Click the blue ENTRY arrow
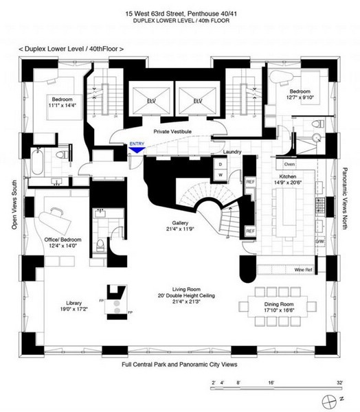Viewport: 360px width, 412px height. click(137, 150)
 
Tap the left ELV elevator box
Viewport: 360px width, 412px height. click(151, 101)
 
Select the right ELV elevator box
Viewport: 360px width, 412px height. click(197, 101)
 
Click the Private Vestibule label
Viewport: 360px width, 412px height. click(172, 131)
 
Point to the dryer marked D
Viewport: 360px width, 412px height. click(220, 165)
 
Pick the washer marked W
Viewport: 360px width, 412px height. click(220, 174)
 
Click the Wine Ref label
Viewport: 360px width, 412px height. click(303, 270)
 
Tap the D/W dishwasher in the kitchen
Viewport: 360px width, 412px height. click(319, 241)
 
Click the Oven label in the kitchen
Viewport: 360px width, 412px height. click(289, 164)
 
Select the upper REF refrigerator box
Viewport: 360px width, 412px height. click(250, 181)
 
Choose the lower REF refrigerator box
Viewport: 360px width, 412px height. click(250, 231)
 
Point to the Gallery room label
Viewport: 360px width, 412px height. click(180, 222)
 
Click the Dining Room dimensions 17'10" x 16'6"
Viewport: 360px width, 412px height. click(279, 310)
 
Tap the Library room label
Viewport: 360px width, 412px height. click(74, 303)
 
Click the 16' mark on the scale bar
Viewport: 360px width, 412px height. click(271, 382)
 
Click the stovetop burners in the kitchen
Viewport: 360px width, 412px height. click(320, 205)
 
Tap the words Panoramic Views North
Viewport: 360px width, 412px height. click(345, 198)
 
